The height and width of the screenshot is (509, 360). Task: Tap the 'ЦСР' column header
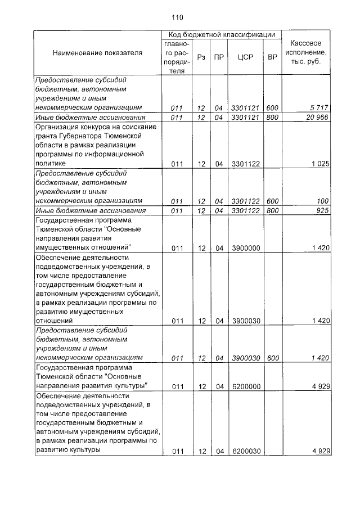pyautogui.click(x=245, y=57)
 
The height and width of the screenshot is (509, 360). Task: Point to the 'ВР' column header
pyautogui.click(x=272, y=57)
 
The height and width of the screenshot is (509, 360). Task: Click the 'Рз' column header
pyautogui.click(x=201, y=57)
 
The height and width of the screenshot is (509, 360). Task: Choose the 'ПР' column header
pyautogui.click(x=219, y=57)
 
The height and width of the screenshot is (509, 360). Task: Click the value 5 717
pyautogui.click(x=319, y=107)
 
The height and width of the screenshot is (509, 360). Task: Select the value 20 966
pyautogui.click(x=316, y=117)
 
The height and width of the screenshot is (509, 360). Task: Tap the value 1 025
pyautogui.click(x=319, y=164)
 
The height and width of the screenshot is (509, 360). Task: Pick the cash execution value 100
pyautogui.click(x=322, y=200)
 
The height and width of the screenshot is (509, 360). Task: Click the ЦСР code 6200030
pyautogui.click(x=245, y=451)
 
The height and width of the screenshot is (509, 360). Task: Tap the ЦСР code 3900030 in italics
pyautogui.click(x=245, y=358)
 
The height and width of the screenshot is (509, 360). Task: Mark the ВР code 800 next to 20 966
pyautogui.click(x=272, y=117)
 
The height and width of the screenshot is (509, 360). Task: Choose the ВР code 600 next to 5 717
pyautogui.click(x=272, y=107)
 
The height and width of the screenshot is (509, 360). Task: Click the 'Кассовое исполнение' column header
pyautogui.click(x=305, y=52)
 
